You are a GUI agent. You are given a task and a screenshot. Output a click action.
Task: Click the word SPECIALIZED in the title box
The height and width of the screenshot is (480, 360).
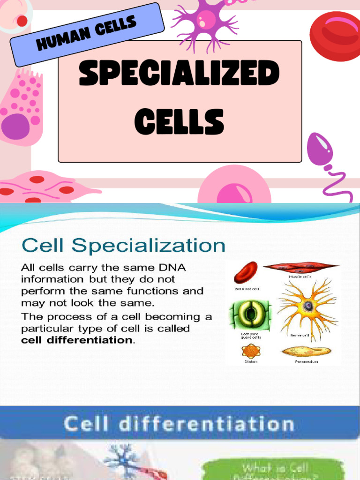coord(179,75)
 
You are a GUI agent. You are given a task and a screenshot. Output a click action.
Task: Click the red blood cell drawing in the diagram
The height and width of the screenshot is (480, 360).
coord(246,273)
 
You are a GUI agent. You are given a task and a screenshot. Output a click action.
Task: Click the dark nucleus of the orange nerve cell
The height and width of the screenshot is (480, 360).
coord(308,306)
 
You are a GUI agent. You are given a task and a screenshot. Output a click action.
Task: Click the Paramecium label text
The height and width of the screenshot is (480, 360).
coord(306,361)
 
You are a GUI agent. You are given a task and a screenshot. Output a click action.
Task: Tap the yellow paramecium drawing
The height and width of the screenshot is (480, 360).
coord(306,351)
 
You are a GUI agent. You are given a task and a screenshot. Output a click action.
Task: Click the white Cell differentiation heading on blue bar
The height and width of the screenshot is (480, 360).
coord(179,424)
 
